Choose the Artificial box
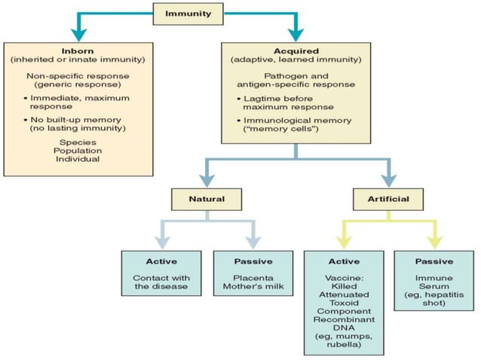[388, 200]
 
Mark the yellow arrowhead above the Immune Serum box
[435, 241]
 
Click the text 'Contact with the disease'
[161, 282]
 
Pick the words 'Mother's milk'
[253, 288]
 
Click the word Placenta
[253, 278]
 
